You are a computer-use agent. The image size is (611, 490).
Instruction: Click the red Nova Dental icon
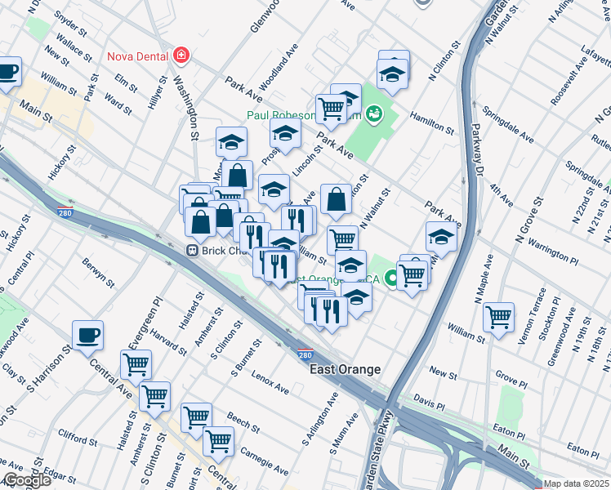pyautogui.click(x=181, y=56)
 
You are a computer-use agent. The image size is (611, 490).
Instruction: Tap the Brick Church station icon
pyautogui.click(x=194, y=251)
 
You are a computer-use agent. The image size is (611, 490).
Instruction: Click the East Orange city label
pyautogui.click(x=345, y=370)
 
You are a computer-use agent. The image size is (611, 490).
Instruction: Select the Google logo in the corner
pyautogui.click(x=26, y=481)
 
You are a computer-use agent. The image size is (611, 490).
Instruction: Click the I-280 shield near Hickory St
pyautogui.click(x=68, y=212)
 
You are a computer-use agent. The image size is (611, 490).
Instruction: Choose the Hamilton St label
pyautogui.click(x=432, y=122)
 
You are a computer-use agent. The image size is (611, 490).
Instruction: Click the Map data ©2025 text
pyautogui.click(x=576, y=483)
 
